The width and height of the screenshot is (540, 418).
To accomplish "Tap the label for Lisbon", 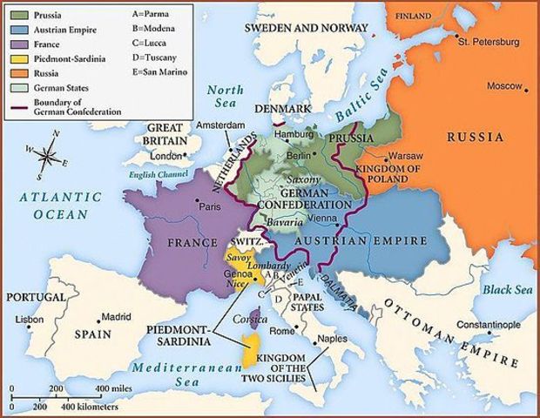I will (30, 320).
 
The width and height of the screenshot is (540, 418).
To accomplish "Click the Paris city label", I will (210, 207).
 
